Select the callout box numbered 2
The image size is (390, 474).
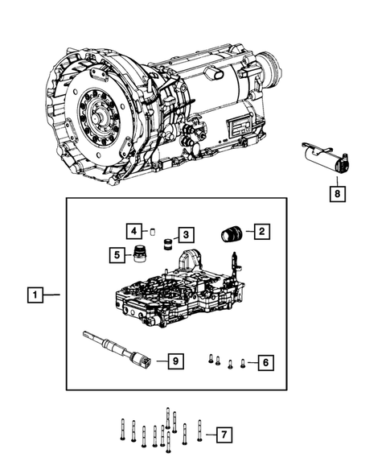pos(262,233)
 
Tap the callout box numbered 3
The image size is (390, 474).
pos(186,234)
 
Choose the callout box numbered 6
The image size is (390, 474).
pos(263,363)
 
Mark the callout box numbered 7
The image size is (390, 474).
pos(224,435)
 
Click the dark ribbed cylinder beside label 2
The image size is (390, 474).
pos(232,234)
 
